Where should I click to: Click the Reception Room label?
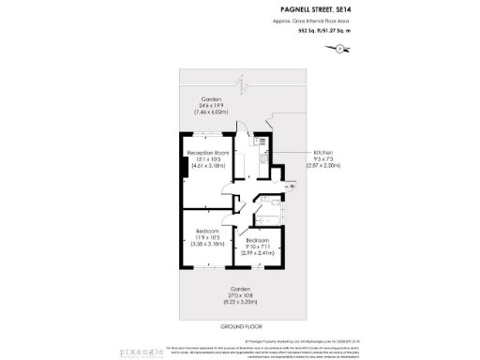click(x=208, y=153)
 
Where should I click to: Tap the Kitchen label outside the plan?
click(x=324, y=152)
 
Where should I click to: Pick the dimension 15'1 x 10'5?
click(x=208, y=159)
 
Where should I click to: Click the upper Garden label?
click(x=210, y=98)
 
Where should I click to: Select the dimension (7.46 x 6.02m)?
click(x=210, y=111)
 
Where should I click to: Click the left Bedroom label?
click(x=207, y=232)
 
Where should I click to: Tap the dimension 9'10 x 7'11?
click(x=257, y=247)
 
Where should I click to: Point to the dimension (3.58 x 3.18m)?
click(x=207, y=245)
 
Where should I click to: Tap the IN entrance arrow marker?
click(x=291, y=187)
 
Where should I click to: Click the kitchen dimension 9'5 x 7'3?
click(x=324, y=158)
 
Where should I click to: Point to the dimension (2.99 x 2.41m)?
click(x=257, y=253)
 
